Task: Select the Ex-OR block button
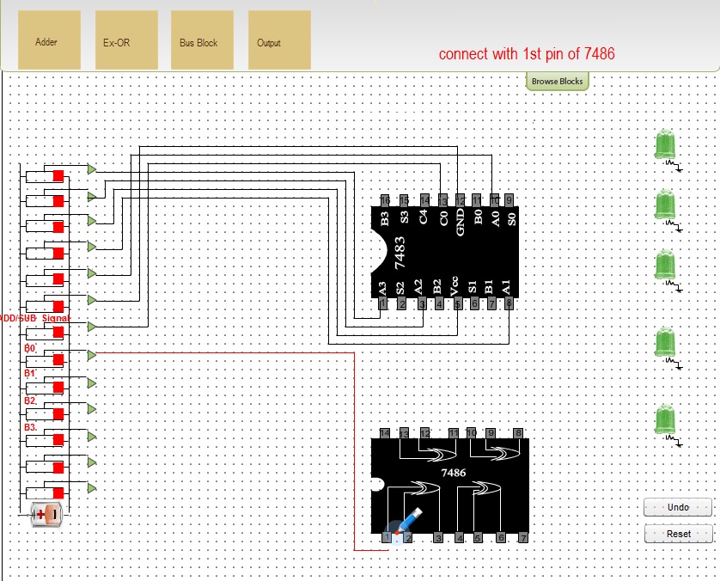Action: point(125,40)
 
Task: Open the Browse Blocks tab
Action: point(557,82)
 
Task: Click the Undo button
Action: point(678,507)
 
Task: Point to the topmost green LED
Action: point(665,145)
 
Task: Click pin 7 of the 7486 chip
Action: point(522,538)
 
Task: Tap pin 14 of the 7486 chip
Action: point(385,432)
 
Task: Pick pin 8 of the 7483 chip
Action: point(509,303)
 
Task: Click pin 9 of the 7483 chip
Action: point(509,200)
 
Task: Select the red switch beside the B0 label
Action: point(58,359)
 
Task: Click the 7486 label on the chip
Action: point(453,473)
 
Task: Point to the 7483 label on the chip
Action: point(400,254)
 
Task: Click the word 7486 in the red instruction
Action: point(598,54)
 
